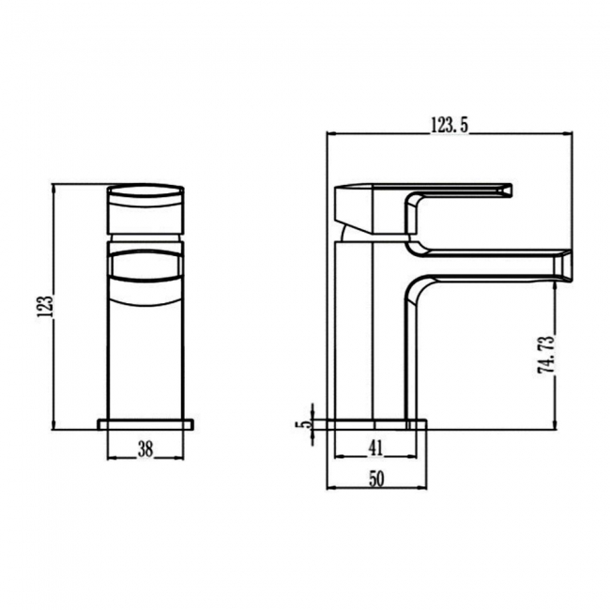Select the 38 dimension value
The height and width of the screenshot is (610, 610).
click(145, 449)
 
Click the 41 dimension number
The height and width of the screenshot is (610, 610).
click(375, 448)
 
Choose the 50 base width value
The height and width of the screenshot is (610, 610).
click(376, 479)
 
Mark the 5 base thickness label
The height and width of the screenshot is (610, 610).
click(302, 424)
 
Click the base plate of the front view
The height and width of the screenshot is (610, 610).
click(145, 424)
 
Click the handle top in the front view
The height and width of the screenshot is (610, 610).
click(145, 191)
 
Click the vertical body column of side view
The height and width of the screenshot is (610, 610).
click(355, 328)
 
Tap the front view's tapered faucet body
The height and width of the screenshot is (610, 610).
click(145, 357)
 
